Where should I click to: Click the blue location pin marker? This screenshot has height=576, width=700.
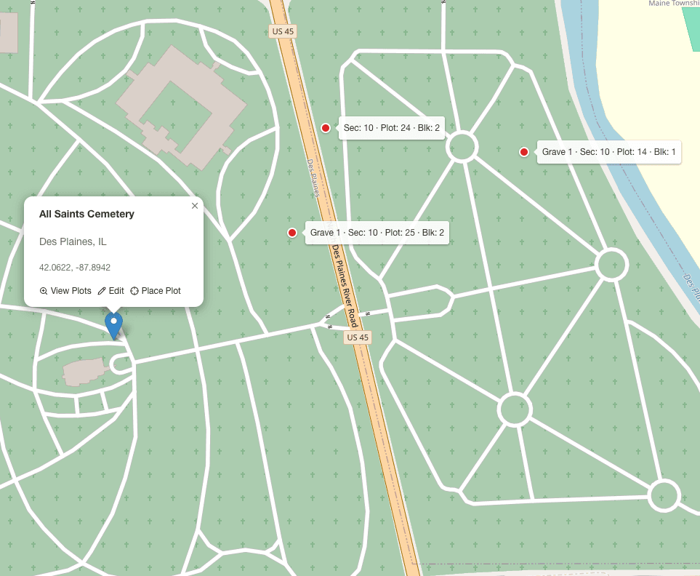tap(113, 324)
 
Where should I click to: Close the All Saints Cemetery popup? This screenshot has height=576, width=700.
tap(195, 206)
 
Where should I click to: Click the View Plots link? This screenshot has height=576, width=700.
tap(65, 291)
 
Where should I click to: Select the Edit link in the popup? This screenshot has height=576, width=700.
tap(111, 291)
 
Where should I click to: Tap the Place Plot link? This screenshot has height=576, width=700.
tap(156, 291)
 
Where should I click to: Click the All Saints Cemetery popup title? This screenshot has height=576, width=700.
tap(87, 214)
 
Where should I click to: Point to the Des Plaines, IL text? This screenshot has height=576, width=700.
tap(73, 241)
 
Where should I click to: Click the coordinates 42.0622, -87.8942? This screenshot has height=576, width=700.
tap(75, 268)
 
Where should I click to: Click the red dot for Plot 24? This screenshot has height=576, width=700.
tap(326, 128)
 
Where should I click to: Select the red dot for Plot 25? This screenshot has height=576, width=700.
tap(292, 233)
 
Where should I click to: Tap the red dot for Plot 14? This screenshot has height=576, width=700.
tap(523, 152)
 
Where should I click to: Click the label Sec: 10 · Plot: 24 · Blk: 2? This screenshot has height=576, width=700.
tap(392, 128)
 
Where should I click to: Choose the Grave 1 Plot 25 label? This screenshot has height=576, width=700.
tap(377, 233)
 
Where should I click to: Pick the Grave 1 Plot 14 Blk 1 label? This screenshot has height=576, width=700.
tap(609, 152)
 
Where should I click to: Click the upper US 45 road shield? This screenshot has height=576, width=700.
tap(283, 31)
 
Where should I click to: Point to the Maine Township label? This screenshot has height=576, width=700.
tap(674, 4)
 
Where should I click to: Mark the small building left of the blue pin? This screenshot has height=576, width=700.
tap(84, 371)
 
